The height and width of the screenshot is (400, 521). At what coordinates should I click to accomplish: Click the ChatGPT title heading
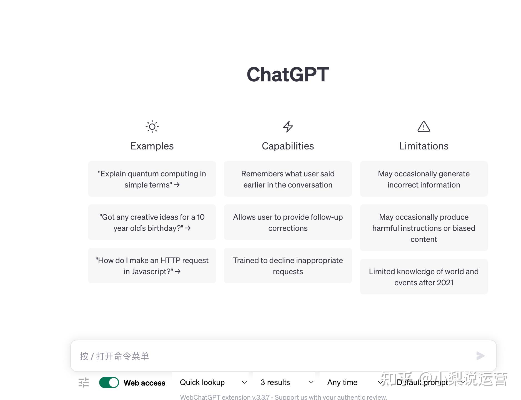click(x=288, y=74)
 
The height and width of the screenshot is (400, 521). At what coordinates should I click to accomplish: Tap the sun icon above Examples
click(x=152, y=127)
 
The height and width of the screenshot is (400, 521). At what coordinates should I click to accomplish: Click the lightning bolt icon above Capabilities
click(x=288, y=127)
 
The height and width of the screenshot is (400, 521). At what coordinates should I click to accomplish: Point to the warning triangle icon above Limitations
click(x=424, y=127)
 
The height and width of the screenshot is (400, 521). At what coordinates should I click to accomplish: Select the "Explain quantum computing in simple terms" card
click(x=152, y=179)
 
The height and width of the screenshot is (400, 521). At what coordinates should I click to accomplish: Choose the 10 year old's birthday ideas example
click(x=152, y=222)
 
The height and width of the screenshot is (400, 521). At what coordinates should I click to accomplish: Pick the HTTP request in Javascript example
click(x=152, y=266)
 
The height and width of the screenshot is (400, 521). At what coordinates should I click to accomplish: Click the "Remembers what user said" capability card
click(x=288, y=179)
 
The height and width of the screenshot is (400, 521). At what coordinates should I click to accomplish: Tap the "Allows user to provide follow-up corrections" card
click(x=288, y=222)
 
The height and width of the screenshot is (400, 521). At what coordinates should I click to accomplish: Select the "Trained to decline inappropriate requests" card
click(x=288, y=266)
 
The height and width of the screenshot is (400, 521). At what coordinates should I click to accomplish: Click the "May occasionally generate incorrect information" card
click(x=424, y=179)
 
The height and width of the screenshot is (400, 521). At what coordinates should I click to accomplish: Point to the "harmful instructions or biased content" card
click(x=424, y=228)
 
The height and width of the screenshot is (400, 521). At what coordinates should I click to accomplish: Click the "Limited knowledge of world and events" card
click(x=424, y=277)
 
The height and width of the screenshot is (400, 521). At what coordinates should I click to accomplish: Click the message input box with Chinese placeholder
click(x=272, y=356)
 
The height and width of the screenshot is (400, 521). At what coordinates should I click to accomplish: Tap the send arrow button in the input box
click(x=480, y=356)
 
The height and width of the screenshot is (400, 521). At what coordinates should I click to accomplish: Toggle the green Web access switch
click(x=109, y=382)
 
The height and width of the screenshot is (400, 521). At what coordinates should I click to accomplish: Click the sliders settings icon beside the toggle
click(x=84, y=382)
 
